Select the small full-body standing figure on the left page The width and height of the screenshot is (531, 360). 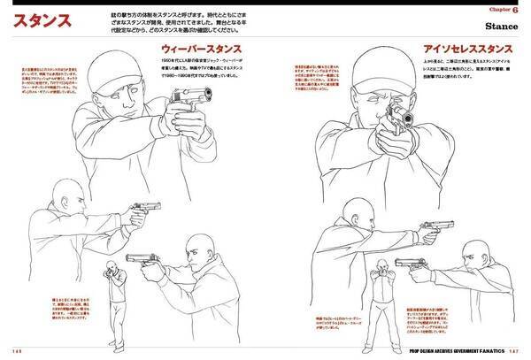[109, 301]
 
